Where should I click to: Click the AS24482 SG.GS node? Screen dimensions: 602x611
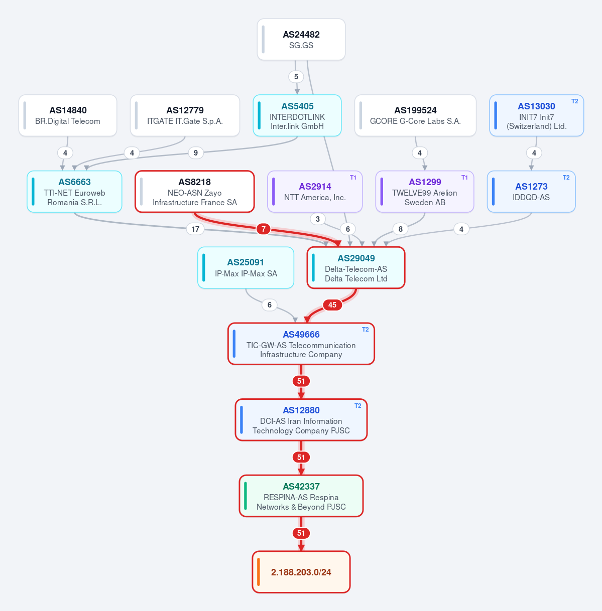pyautogui.click(x=301, y=39)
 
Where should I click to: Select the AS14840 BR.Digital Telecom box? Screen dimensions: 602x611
pyautogui.click(x=68, y=115)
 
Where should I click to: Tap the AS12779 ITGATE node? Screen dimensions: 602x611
pyautogui.click(x=185, y=115)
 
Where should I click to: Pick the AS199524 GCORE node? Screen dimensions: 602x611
pyautogui.click(x=415, y=115)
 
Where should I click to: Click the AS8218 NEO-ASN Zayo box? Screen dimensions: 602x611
pyautogui.click(x=195, y=192)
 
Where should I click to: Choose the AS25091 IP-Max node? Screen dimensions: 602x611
pyautogui.click(x=246, y=267)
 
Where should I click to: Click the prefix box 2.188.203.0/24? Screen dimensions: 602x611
pyautogui.click(x=301, y=572)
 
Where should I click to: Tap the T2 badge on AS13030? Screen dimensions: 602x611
pyautogui.click(x=575, y=101)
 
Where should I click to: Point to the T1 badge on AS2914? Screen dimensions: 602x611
pyautogui.click(x=353, y=177)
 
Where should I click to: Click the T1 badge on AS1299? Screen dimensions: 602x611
pyautogui.click(x=464, y=177)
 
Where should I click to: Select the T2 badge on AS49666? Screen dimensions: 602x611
pyautogui.click(x=366, y=330)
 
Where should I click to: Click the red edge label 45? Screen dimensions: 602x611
pyautogui.click(x=332, y=304)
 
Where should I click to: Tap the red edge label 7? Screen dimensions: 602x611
pyautogui.click(x=263, y=229)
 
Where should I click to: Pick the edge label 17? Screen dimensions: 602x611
pyautogui.click(x=195, y=229)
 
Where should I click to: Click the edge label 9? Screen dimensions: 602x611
pyautogui.click(x=196, y=153)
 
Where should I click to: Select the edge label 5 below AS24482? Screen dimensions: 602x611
pyautogui.click(x=296, y=76)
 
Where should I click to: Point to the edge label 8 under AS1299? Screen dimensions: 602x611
pyautogui.click(x=400, y=229)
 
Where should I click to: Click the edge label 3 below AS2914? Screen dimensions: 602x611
pyautogui.click(x=317, y=219)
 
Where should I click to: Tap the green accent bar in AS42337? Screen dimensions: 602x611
pyautogui.click(x=246, y=496)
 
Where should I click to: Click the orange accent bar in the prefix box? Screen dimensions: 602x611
pyautogui.click(x=259, y=572)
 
